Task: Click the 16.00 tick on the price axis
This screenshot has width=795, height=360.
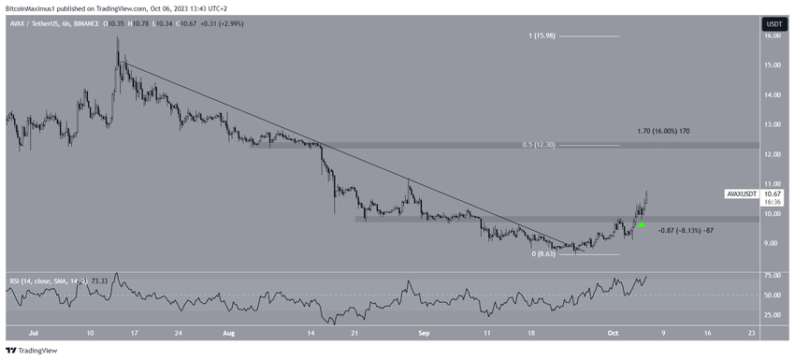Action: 773,36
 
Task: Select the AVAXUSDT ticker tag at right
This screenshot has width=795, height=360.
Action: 744,194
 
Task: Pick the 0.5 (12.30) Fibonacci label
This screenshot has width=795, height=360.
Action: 541,145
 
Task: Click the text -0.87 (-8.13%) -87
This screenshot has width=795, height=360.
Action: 687,230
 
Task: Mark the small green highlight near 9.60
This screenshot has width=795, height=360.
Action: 642,225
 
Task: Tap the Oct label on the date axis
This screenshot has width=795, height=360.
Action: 604,332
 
